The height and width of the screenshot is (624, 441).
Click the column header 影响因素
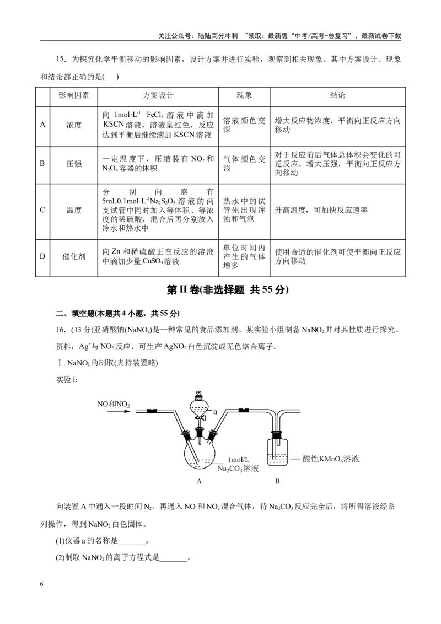[x=74, y=95]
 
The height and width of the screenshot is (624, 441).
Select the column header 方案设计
[x=158, y=95]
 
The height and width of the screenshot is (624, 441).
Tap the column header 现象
[x=244, y=95]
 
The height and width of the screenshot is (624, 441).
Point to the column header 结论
[x=337, y=95]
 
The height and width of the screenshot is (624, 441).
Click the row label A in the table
[x=42, y=125]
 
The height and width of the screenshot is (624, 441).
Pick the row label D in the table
[x=42, y=256]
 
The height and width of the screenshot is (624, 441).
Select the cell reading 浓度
[x=74, y=125]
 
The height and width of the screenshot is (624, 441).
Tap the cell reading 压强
[x=74, y=164]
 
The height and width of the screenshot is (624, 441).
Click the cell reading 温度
[x=74, y=210]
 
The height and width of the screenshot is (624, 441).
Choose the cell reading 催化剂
[x=74, y=256]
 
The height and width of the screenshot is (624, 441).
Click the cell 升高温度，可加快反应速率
[x=321, y=210]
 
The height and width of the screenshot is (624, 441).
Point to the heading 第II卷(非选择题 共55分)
[x=227, y=290]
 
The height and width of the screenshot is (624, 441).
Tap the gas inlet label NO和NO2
[x=114, y=404]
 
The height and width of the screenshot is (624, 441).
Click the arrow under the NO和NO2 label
[x=119, y=411]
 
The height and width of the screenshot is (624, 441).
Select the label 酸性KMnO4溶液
[x=331, y=459]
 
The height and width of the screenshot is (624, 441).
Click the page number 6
[x=42, y=584]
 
